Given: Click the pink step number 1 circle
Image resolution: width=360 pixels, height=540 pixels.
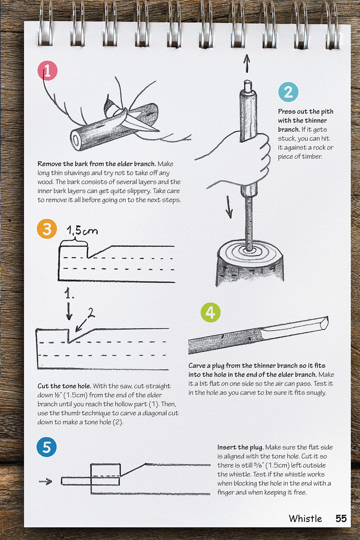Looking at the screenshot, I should coord(48,71).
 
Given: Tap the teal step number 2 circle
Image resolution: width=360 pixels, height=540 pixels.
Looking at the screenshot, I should coord(288,92).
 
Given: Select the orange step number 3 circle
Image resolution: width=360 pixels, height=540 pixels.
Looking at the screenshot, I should coord(47,229).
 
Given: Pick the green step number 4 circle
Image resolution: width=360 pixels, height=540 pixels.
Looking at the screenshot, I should coord(210,312).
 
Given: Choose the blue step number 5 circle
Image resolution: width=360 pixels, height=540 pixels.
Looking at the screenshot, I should coord(47,447).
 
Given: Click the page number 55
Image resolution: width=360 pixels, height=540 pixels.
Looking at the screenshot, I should coord(341,518).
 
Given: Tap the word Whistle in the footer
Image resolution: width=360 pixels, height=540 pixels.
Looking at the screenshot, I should coord(305,518).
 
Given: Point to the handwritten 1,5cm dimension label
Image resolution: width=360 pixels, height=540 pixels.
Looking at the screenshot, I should coord(82,231).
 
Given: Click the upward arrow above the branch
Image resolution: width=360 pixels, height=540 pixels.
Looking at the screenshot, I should coord(247,64).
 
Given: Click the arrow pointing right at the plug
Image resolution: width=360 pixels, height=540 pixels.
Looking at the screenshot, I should coord(46,481).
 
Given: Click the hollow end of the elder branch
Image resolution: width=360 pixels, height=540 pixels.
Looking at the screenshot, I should coord(76,140).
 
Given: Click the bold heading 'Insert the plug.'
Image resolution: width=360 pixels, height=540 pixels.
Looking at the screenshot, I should coord(240,447).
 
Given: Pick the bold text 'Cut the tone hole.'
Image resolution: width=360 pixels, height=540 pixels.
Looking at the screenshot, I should coord(64,386).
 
